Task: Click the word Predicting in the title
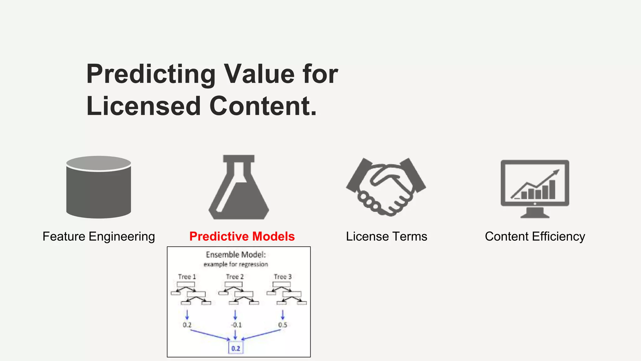(151, 74)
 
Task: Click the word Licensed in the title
(143, 106)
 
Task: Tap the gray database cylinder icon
(99, 187)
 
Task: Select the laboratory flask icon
(239, 188)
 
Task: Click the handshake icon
(386, 187)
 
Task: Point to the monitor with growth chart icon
(535, 188)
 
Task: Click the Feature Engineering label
(99, 236)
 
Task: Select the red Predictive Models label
(242, 236)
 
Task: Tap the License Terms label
(386, 236)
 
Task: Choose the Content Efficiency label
(535, 236)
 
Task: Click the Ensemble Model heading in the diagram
(236, 254)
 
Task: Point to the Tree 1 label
(187, 277)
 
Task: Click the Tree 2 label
(235, 277)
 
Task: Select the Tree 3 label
(283, 277)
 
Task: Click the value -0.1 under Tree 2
(236, 325)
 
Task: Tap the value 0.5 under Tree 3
(283, 325)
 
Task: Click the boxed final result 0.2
(236, 348)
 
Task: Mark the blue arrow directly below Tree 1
(187, 315)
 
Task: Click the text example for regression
(236, 264)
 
